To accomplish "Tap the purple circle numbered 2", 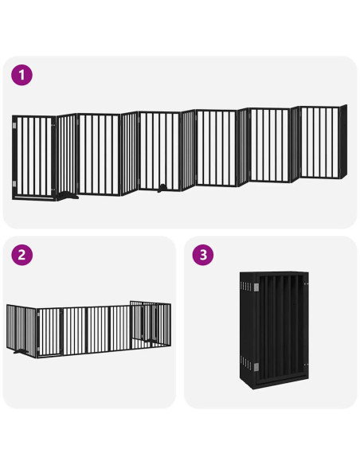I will click(x=22, y=256).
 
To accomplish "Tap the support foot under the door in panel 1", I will click(x=67, y=193).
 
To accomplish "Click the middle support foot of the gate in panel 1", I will click(x=162, y=188).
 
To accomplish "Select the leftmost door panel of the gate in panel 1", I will click(x=33, y=158).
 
